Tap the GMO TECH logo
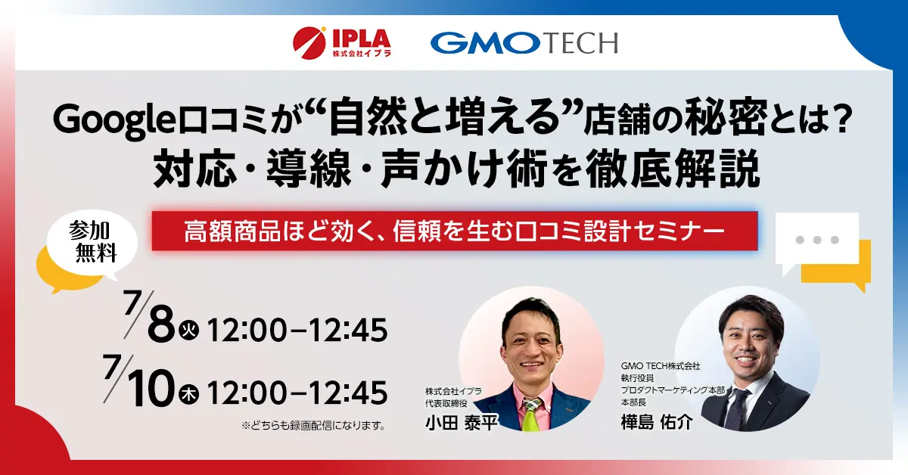524,43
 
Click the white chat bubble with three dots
817,240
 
